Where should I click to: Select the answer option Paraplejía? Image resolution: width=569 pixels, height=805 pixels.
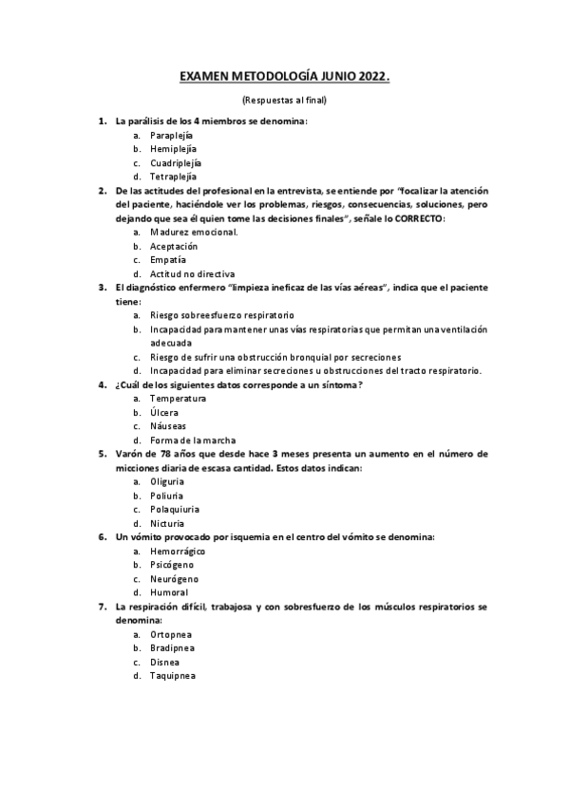(x=171, y=136)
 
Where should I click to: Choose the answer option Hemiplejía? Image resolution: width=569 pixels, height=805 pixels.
(x=173, y=149)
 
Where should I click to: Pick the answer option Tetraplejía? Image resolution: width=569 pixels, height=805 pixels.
(x=173, y=177)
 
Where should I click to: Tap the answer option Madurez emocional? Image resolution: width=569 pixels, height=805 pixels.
(x=194, y=232)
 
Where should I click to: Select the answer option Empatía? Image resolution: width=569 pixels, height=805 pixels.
(x=167, y=259)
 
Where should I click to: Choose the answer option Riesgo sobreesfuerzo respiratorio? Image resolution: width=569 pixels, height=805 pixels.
(x=222, y=314)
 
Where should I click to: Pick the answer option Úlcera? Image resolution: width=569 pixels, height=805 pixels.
(x=163, y=412)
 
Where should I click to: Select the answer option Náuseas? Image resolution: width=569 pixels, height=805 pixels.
(x=168, y=426)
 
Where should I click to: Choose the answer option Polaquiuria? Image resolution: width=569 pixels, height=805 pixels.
(x=174, y=509)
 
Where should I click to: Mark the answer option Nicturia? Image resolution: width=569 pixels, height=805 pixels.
(x=167, y=523)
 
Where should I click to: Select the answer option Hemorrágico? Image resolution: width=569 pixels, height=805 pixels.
(x=178, y=551)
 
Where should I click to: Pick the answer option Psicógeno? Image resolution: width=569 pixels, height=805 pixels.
(x=172, y=565)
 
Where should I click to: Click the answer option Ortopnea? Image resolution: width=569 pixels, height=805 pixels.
(x=171, y=634)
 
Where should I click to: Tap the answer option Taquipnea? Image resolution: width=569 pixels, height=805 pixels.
(x=173, y=676)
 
